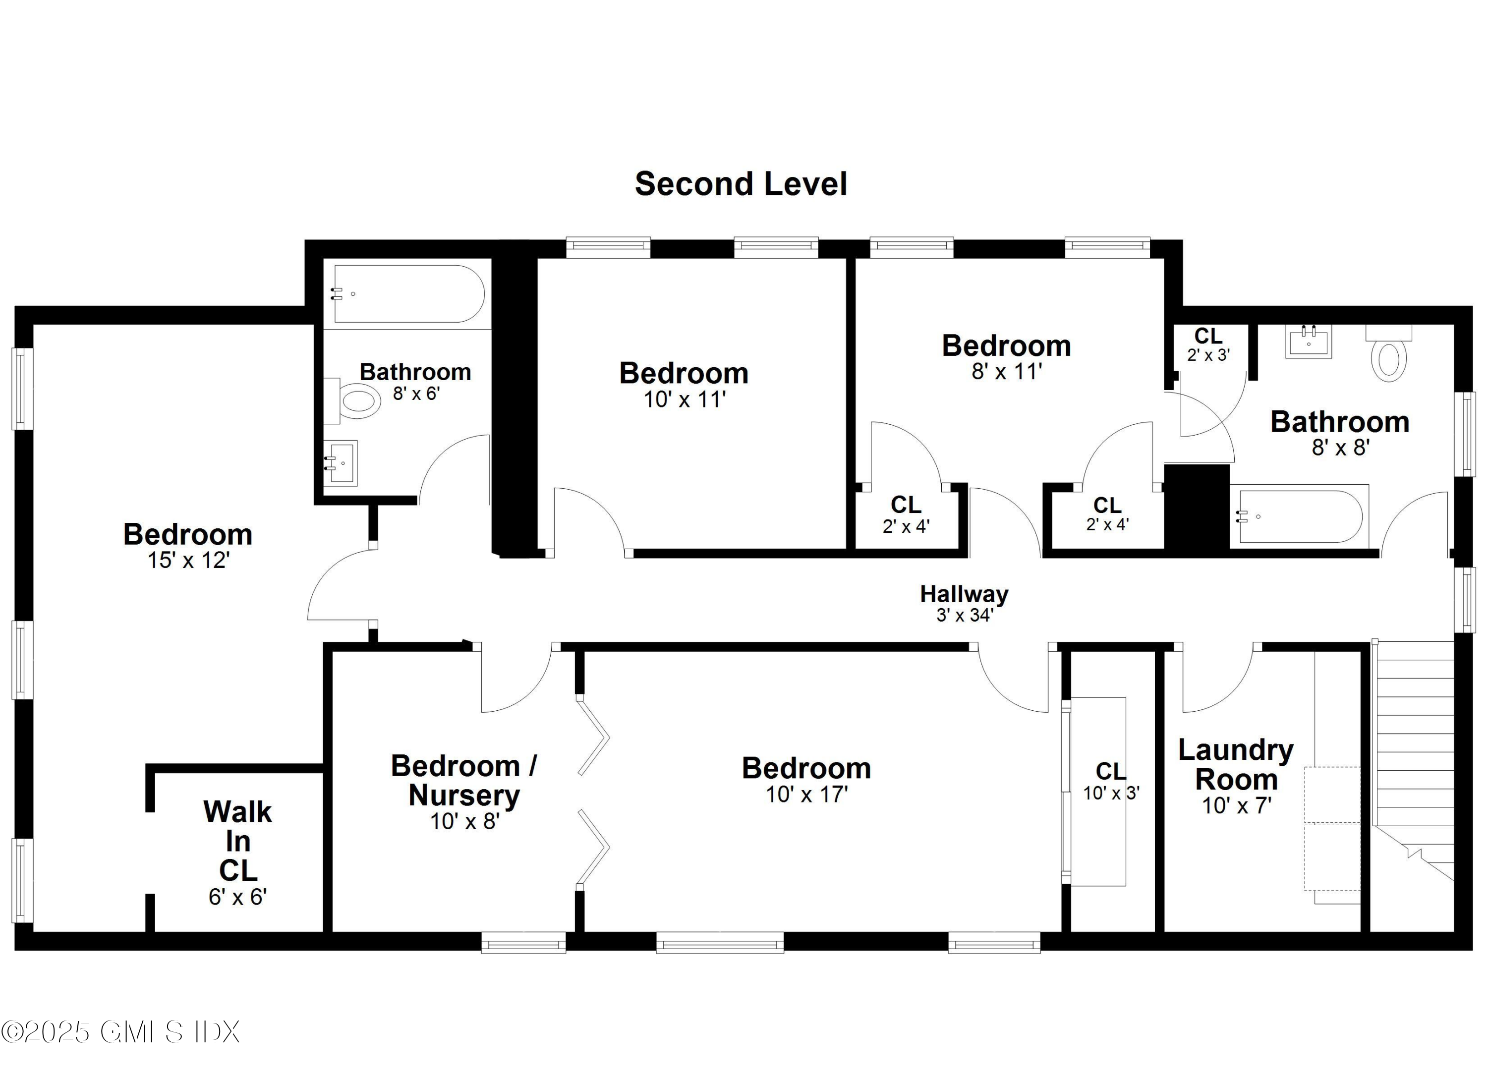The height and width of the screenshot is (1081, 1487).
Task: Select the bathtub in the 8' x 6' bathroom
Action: [408, 294]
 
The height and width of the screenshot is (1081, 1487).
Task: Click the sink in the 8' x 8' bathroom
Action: [1308, 342]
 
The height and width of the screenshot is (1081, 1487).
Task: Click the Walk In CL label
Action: [237, 841]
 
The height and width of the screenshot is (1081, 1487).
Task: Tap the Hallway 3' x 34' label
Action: [964, 602]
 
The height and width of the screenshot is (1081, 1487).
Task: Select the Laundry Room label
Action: [1235, 764]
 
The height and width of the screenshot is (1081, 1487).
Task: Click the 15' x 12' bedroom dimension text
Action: [188, 561]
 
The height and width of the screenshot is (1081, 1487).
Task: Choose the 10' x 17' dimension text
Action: [806, 795]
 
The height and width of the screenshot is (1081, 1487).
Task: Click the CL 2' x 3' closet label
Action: [1208, 344]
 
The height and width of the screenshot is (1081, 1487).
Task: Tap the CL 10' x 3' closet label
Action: [1111, 782]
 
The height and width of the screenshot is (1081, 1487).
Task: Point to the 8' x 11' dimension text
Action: [1006, 372]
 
